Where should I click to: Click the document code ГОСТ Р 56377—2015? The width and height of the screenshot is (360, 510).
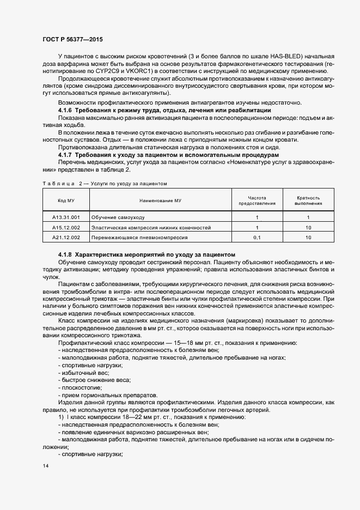tap(72, 39)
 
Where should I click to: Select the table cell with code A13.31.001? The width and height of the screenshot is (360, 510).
tap(66, 217)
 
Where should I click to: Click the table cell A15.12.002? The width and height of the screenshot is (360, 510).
tap(66, 227)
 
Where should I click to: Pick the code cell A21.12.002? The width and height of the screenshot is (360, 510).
tap(66, 238)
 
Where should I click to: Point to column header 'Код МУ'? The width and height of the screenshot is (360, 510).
tap(66, 201)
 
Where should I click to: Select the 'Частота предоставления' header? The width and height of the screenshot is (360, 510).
tap(257, 201)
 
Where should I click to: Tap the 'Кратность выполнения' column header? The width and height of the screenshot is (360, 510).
tap(308, 201)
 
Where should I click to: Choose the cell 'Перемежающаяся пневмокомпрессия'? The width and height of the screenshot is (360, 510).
tap(139, 238)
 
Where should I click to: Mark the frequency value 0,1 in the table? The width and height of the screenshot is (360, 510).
tap(257, 238)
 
